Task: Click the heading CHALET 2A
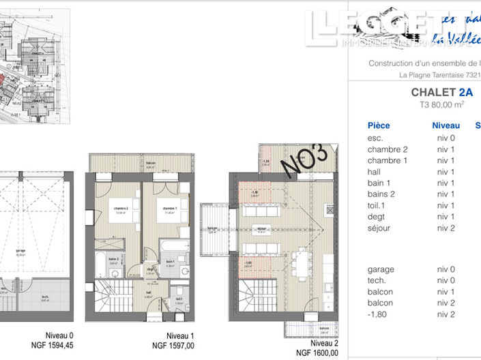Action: (441, 92)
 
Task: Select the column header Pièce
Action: (379, 125)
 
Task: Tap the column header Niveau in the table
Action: (446, 125)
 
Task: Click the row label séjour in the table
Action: (379, 228)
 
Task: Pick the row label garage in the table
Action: (380, 269)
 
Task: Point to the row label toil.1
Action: (378, 205)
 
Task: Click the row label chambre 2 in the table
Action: (387, 149)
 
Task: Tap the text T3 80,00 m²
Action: (441, 105)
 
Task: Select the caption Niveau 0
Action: (59, 335)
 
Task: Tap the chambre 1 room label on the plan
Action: (166, 210)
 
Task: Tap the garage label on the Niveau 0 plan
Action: (20, 250)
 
